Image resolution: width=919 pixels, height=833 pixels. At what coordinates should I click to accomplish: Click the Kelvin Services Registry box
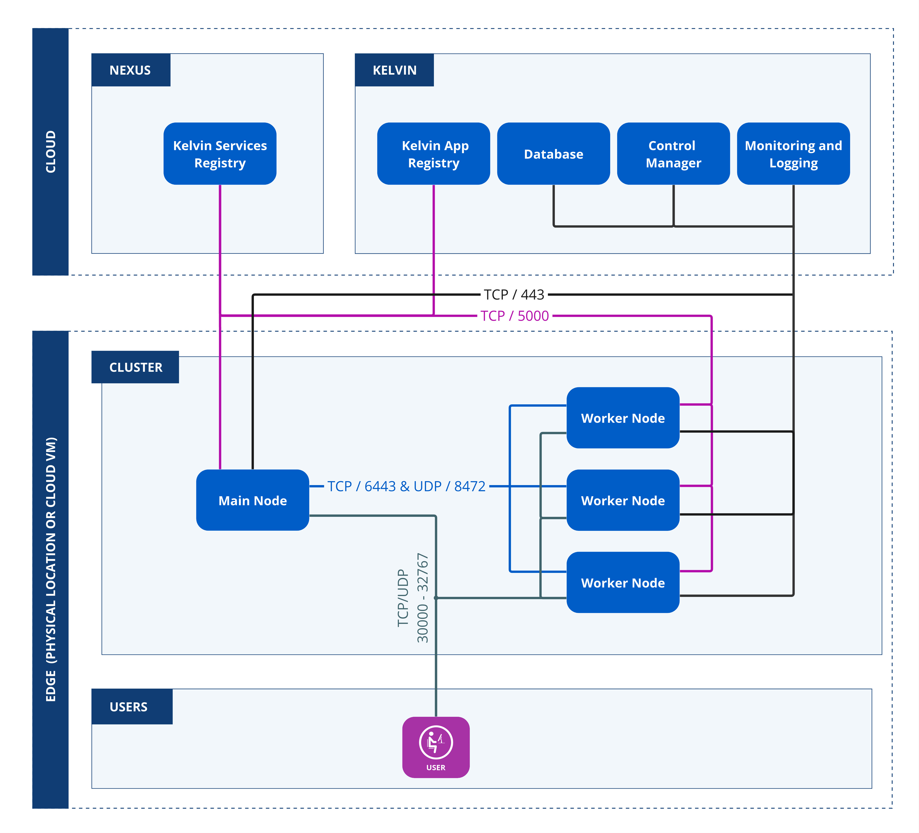coord(220,154)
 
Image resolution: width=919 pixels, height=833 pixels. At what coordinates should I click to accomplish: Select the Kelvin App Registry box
coord(433,154)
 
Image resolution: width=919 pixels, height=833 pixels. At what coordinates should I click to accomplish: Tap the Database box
coord(553,154)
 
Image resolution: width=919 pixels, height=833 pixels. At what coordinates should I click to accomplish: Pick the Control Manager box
coord(673,154)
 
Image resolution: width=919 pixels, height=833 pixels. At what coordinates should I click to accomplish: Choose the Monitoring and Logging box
coord(793,154)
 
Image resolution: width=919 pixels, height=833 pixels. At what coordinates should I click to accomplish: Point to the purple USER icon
coord(436,747)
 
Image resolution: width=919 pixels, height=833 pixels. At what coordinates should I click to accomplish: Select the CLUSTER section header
coord(135,367)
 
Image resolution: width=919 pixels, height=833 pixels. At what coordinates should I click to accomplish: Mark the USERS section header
coord(129,707)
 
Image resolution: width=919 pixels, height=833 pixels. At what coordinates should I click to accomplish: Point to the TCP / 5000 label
coord(514,316)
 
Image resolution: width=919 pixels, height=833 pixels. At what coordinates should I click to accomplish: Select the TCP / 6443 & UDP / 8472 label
coord(406,486)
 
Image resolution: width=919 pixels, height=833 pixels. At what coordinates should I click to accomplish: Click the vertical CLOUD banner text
coord(51,151)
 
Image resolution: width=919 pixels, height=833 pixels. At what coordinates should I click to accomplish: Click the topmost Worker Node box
coord(623,418)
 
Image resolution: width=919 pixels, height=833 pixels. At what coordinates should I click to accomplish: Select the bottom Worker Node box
coord(623,582)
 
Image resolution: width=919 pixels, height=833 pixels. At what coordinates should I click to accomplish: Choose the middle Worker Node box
coord(623,500)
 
